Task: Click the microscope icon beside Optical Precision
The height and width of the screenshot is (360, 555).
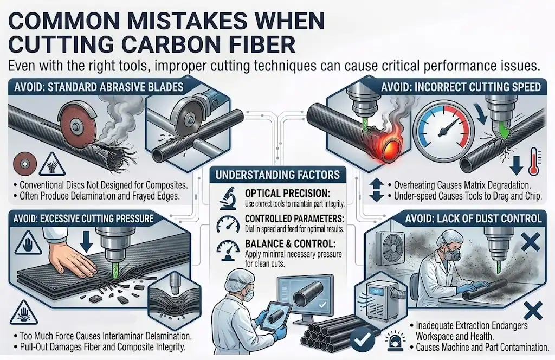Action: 228,198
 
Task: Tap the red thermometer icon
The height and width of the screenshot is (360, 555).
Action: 534,162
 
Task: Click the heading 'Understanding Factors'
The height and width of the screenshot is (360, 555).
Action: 277,175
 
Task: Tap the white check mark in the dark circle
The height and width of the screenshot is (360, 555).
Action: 362,338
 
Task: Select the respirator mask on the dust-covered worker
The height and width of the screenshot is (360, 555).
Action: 450,253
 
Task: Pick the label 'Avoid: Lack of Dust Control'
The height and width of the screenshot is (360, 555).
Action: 473,218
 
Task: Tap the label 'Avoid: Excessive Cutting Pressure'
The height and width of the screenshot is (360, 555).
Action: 83,218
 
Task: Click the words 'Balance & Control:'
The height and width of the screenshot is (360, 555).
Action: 291,244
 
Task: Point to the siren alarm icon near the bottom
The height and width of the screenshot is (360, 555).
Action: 393,340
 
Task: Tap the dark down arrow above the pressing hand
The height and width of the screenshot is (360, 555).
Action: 86,242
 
